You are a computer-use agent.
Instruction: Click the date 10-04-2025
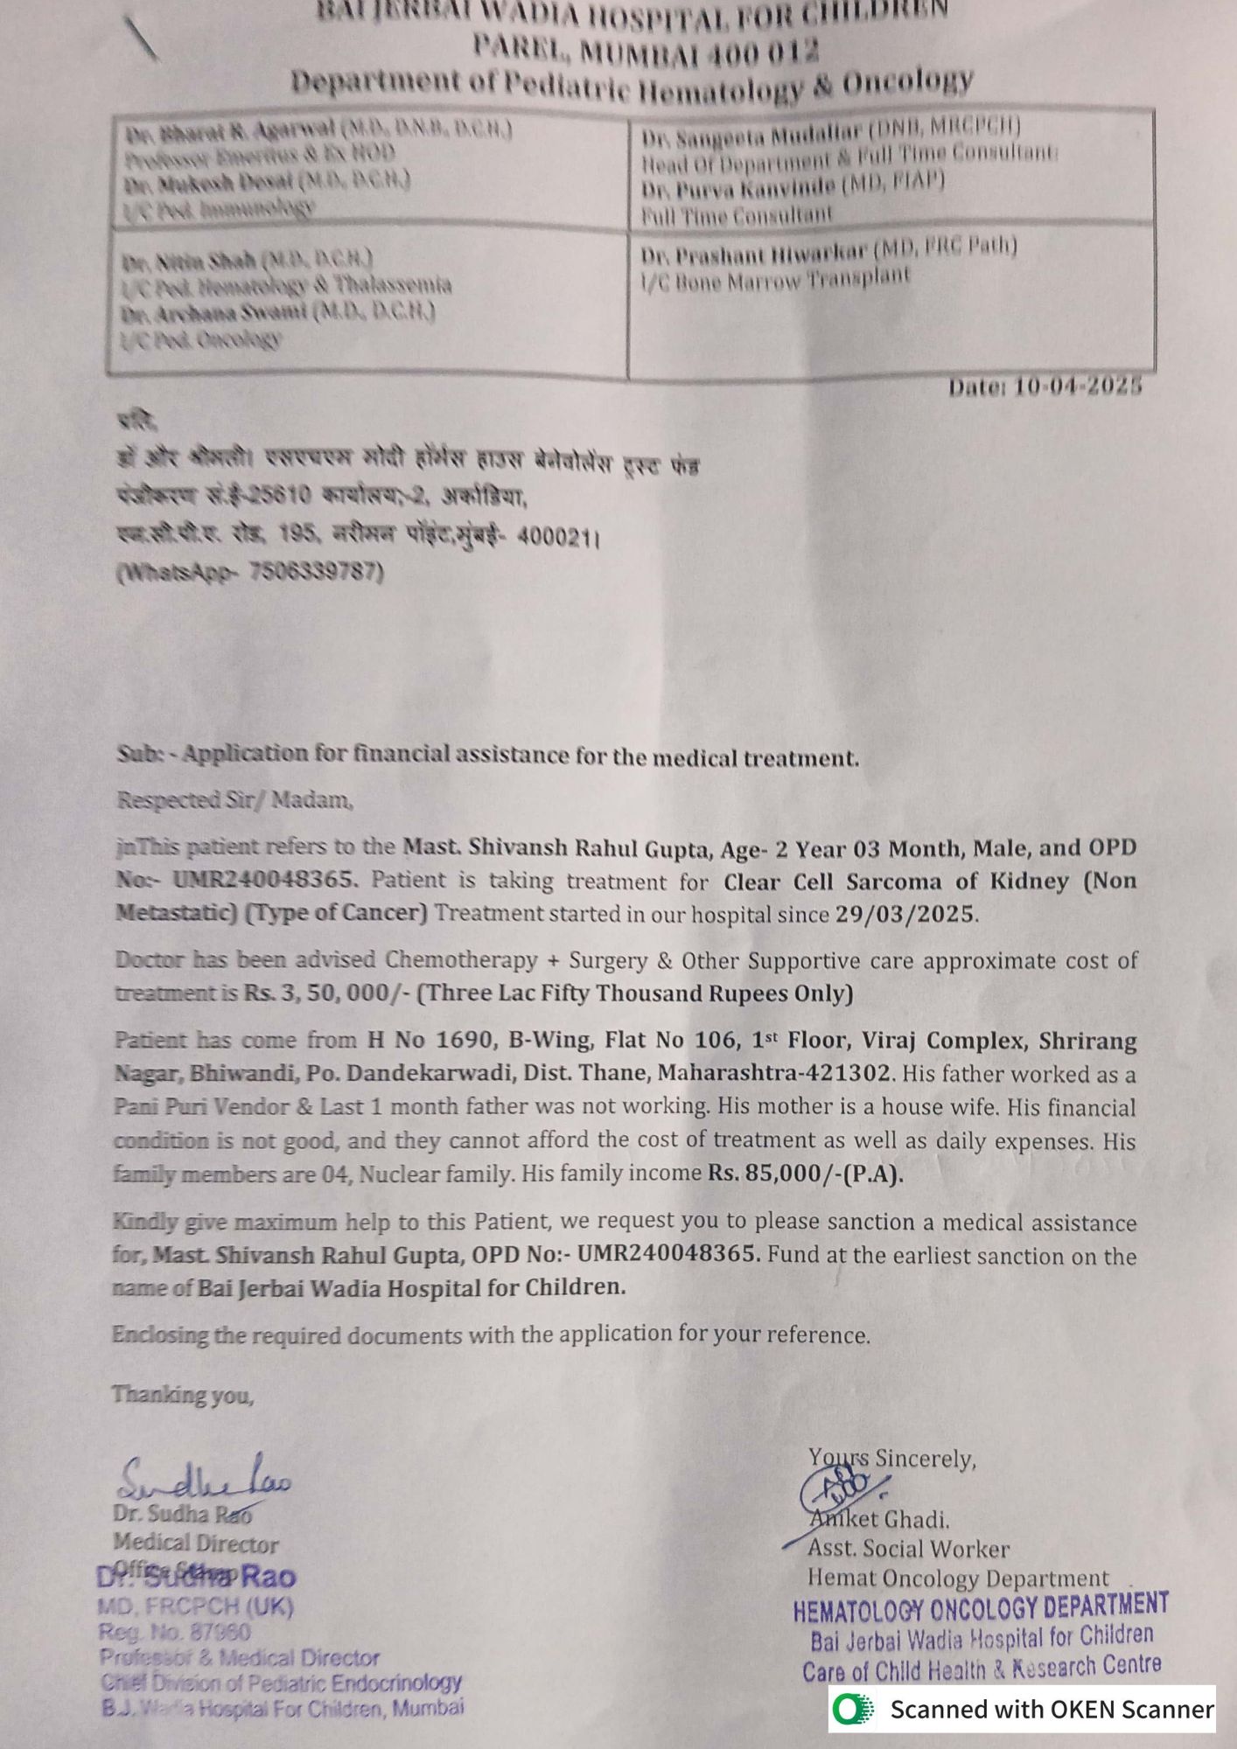point(1077,387)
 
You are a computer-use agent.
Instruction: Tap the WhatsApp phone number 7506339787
point(316,572)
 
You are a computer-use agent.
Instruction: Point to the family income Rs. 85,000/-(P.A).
point(805,1174)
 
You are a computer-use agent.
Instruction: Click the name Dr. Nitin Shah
point(189,261)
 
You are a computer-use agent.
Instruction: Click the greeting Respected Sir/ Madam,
point(234,800)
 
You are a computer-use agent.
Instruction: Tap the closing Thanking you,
point(182,1394)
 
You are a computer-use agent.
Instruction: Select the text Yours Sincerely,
point(891,1458)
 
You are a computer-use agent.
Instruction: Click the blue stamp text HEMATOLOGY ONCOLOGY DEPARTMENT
point(981,1607)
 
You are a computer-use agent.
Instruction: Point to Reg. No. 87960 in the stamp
point(175,1632)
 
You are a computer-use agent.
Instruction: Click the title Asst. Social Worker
point(908,1549)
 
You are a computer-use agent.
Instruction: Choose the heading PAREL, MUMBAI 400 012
point(646,51)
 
